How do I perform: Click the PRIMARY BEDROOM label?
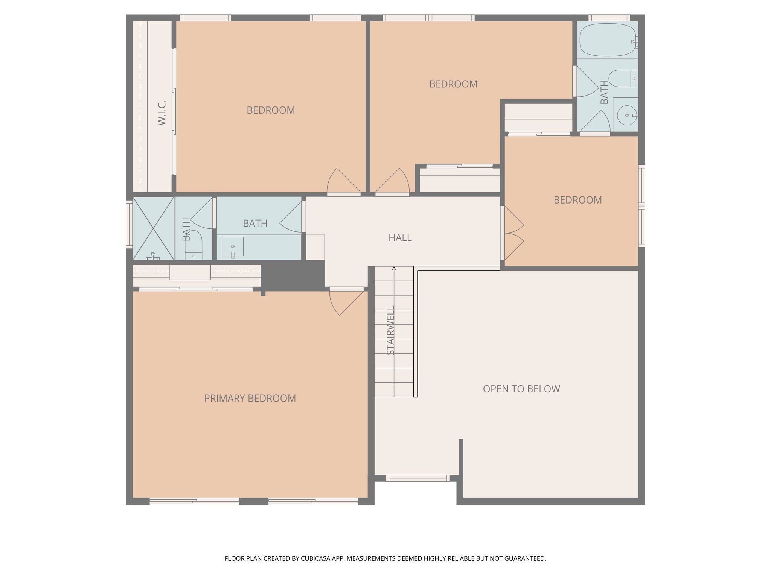click(x=250, y=398)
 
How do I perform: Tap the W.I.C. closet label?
click(x=162, y=113)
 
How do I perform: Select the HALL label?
click(x=400, y=237)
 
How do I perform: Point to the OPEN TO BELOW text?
click(x=521, y=389)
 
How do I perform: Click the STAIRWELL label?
click(x=390, y=331)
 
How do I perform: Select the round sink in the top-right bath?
click(x=627, y=115)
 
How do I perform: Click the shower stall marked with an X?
click(x=153, y=228)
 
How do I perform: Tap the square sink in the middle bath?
click(x=233, y=246)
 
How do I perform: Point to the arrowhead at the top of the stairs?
click(x=394, y=269)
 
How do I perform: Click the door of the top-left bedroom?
click(x=343, y=182)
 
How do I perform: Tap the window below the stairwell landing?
click(x=417, y=478)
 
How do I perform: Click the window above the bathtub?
click(x=609, y=18)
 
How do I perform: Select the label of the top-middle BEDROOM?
click(x=453, y=84)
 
